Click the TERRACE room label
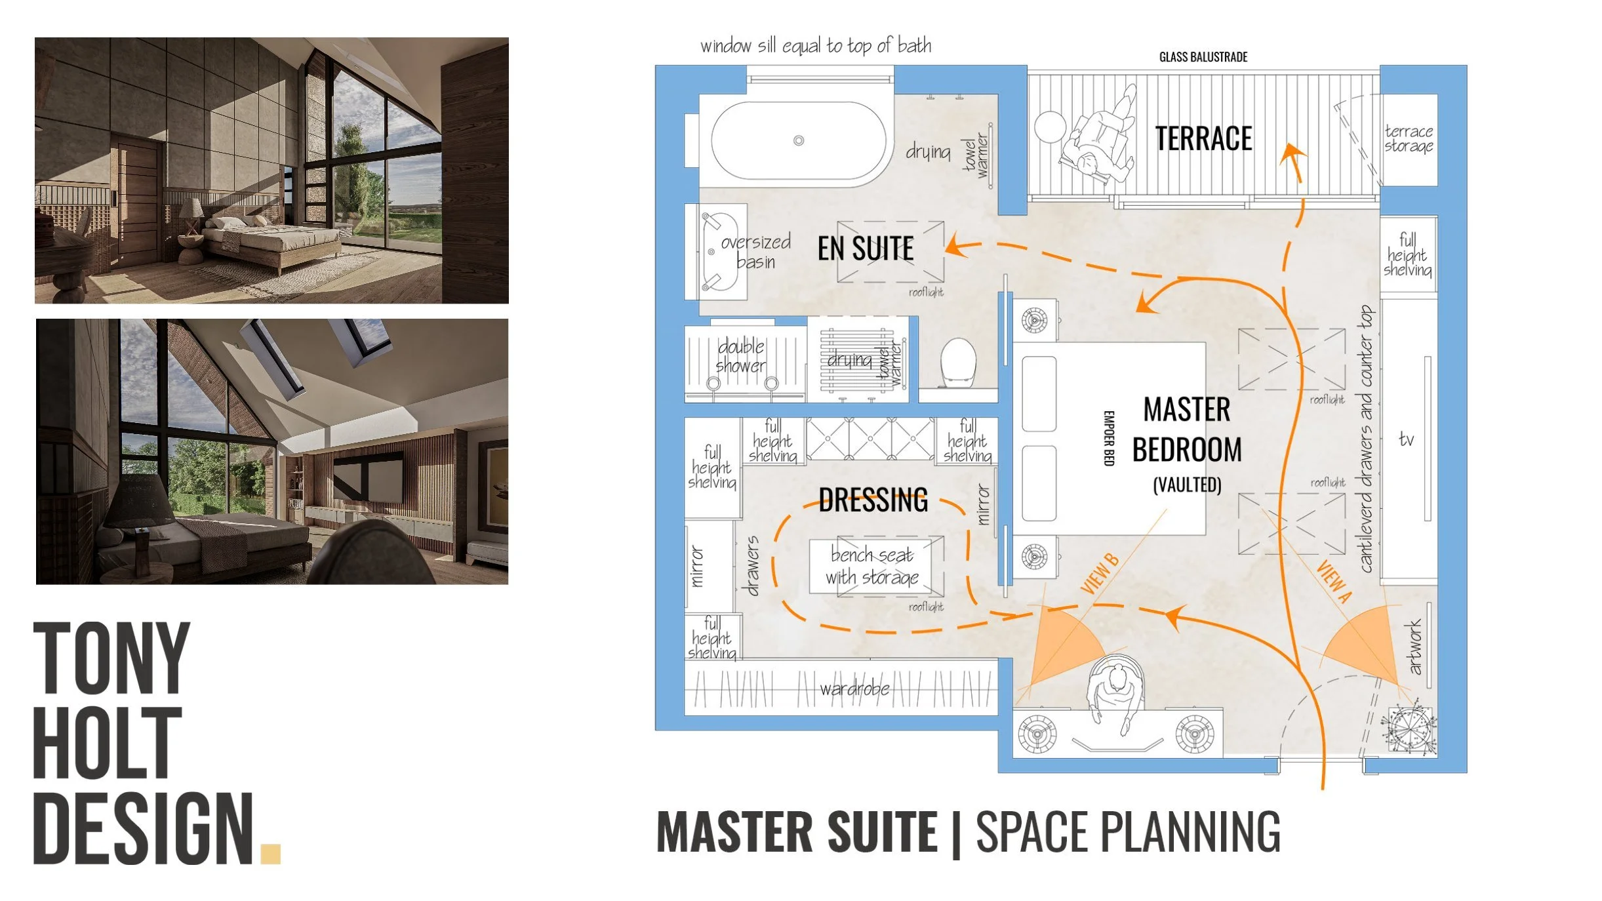(1203, 138)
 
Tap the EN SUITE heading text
(865, 249)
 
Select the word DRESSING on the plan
(873, 500)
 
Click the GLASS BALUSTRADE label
(1203, 57)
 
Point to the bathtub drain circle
(798, 140)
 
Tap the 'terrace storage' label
(1408, 138)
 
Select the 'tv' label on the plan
(1406, 439)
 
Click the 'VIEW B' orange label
(1099, 574)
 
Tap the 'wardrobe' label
(854, 689)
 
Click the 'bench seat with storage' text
(871, 566)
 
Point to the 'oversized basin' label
(755, 252)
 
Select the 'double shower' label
(740, 356)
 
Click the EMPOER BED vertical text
(1108, 438)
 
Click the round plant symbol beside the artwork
(1409, 729)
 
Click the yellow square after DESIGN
(270, 853)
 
